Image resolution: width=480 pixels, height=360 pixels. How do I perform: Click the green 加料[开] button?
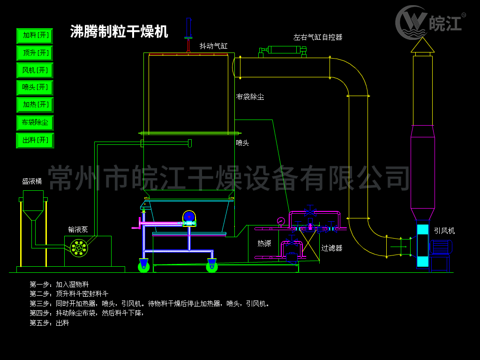35,36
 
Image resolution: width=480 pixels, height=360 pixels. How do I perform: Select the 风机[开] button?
35,70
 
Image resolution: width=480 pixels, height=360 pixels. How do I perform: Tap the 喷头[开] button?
35,88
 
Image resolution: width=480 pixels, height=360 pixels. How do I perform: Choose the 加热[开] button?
35,105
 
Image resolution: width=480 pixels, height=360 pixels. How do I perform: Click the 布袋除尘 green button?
35,123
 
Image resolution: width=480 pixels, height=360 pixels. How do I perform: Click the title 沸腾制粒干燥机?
119,32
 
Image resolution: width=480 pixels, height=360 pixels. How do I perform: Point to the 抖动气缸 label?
213,46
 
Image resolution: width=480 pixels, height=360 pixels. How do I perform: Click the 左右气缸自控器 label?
318,37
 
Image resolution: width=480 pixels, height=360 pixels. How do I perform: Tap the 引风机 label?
444,231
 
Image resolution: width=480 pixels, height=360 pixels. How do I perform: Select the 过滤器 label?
331,248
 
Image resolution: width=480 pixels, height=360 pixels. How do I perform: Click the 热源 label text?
264,243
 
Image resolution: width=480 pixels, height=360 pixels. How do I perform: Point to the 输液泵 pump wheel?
78,247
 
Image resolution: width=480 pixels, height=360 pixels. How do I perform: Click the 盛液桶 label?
32,181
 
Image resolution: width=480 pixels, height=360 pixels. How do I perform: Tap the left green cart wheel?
143,267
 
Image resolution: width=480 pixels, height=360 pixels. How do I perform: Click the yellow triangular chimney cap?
422,45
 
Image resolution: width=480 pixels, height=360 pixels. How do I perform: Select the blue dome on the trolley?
189,216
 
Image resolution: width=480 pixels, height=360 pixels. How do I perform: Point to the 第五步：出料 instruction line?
49,323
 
